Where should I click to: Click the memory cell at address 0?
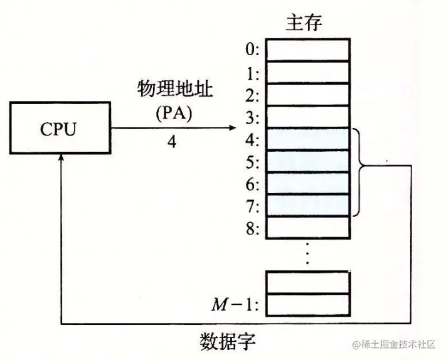click(307, 50)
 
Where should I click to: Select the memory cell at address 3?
click(307, 117)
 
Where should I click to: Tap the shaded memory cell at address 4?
click(307, 139)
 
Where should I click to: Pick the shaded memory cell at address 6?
click(307, 183)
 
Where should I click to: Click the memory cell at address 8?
click(307, 227)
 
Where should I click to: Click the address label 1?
click(253, 73)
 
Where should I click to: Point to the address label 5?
click(253, 162)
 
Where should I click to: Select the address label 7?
click(253, 206)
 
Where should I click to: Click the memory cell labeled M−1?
click(307, 304)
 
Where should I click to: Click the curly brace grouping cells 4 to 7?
click(361, 166)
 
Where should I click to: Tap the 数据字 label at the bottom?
click(227, 343)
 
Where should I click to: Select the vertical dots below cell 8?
click(307, 254)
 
